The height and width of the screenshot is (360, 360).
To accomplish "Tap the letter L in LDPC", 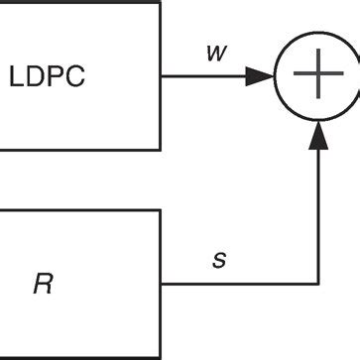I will tap(16, 76).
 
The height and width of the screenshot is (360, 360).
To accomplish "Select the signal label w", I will tap(213, 52).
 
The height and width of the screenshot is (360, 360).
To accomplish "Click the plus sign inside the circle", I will tap(317, 75).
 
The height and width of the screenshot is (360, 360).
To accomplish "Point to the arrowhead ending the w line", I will tap(262, 75).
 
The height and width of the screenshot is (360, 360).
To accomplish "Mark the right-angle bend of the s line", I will tap(317, 285).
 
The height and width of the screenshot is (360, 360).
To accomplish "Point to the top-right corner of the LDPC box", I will tap(159, 2).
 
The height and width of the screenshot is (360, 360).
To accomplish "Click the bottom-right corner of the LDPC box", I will tap(159, 149).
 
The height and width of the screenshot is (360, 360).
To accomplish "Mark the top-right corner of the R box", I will tap(159, 210).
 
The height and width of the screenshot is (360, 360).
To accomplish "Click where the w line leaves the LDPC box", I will tap(160, 75).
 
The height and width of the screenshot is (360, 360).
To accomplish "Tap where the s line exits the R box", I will tap(160, 285).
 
